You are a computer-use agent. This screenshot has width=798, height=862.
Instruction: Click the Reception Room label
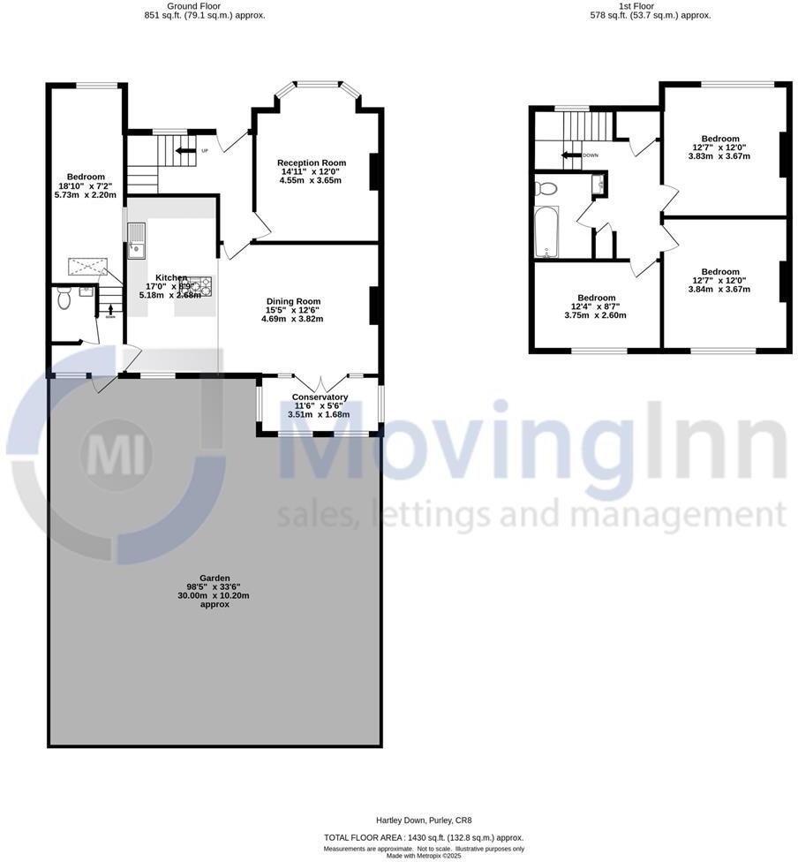311,163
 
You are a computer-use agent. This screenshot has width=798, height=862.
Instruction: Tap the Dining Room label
293,301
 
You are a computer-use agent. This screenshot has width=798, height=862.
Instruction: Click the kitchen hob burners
204,284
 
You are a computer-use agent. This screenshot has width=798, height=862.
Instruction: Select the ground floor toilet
63,299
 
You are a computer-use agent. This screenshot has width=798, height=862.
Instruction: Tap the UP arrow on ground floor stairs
186,150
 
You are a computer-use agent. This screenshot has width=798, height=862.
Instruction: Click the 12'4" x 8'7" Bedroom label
597,298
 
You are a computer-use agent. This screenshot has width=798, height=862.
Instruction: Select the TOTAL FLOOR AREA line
424,837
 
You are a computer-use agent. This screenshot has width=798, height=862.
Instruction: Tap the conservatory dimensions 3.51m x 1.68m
319,414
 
